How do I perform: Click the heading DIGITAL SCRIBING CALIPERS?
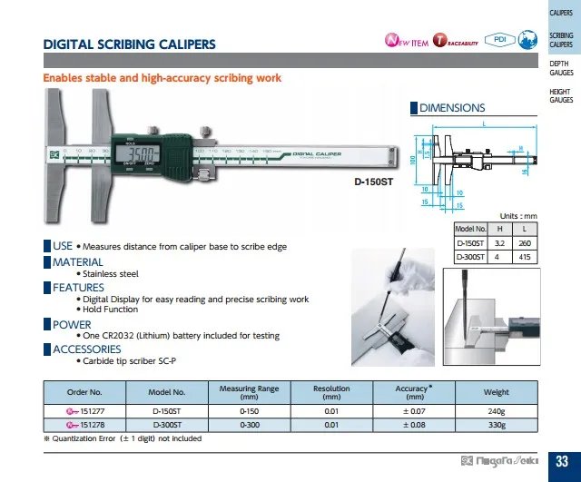pyautogui.click(x=129, y=44)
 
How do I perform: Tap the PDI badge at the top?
pyautogui.click(x=499, y=40)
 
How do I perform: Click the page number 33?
pyautogui.click(x=561, y=461)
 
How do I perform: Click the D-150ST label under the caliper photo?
pyautogui.click(x=372, y=182)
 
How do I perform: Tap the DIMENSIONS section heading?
pyautogui.click(x=451, y=108)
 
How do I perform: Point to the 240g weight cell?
pyautogui.click(x=496, y=410)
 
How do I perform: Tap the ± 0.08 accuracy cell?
pyautogui.click(x=414, y=423)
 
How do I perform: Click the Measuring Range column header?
pyautogui.click(x=250, y=392)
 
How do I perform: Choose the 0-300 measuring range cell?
pyautogui.click(x=250, y=423)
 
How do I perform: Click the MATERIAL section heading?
pyautogui.click(x=77, y=262)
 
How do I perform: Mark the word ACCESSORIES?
pyautogui.click(x=86, y=349)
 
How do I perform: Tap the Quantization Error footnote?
pyautogui.click(x=123, y=438)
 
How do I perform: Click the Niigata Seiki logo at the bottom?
pyautogui.click(x=498, y=460)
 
